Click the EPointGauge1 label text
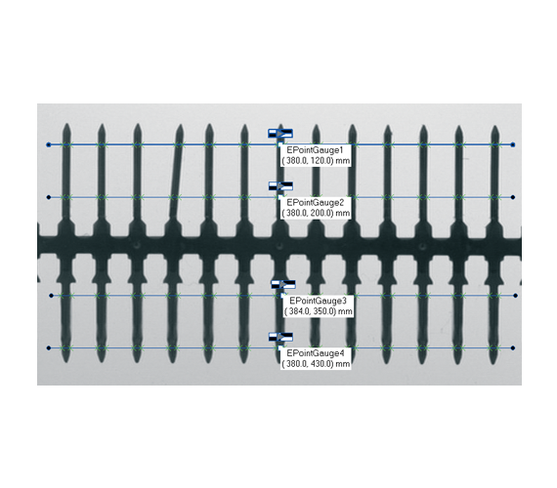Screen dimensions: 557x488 pos(315,150)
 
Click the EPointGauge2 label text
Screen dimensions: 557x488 pos(316,203)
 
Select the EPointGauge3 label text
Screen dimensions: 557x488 pos(318,301)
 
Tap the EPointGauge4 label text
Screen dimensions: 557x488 pos(316,353)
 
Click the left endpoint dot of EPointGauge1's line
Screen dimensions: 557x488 pos(49,144)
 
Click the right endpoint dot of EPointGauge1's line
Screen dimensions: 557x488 pos(513,144)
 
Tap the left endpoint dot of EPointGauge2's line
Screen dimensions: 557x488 pos(49,197)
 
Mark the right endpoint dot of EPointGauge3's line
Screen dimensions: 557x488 pos(515,296)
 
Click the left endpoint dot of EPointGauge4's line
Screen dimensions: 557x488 pos(49,348)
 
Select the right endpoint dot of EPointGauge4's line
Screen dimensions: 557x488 pos(513,348)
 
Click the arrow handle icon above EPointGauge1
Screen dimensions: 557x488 pos(280,134)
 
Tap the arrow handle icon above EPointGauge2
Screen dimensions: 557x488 pos(280,186)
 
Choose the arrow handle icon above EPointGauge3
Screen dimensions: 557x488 pos(283,284)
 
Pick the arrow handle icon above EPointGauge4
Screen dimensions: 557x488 pos(280,337)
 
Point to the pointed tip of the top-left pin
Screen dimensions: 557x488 pos(66,124)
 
